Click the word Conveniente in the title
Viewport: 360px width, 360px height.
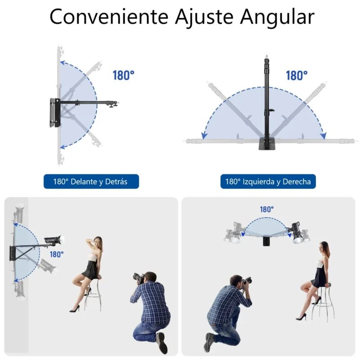tap(109, 17)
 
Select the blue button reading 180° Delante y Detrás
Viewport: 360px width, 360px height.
tap(91, 181)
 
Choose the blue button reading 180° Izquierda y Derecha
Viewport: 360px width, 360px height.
tap(268, 181)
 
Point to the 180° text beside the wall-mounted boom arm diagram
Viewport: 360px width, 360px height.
tap(123, 75)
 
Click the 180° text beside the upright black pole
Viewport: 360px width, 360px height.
tap(297, 76)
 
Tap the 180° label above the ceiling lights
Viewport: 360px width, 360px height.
tap(267, 209)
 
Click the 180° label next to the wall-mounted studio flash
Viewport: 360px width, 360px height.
tap(57, 254)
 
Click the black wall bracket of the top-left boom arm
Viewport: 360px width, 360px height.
tap(55, 113)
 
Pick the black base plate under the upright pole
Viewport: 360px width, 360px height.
tap(267, 144)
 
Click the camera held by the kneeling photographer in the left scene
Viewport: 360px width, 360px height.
tap(139, 278)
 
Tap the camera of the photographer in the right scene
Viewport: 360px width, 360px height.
tap(247, 280)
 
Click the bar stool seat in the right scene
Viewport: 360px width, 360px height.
tap(325, 285)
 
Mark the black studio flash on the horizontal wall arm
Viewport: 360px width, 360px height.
tap(54, 240)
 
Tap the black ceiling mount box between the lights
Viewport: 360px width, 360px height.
tap(266, 241)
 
